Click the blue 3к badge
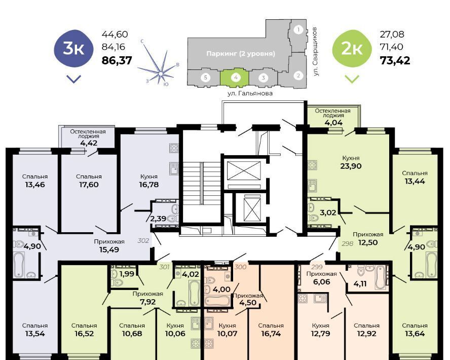(74, 49)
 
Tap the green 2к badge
(352, 49)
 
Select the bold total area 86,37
(117, 60)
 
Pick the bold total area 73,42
(395, 60)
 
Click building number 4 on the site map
(236, 77)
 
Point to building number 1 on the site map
(298, 29)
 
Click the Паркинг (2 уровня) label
(241, 54)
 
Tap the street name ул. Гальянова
(250, 93)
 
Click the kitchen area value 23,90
(350, 166)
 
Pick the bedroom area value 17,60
(89, 185)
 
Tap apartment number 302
(143, 240)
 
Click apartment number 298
(347, 244)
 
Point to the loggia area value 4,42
(89, 143)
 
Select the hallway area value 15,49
(109, 249)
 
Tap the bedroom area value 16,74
(271, 334)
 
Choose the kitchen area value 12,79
(320, 334)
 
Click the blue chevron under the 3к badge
(74, 79)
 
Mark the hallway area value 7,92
(148, 302)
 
